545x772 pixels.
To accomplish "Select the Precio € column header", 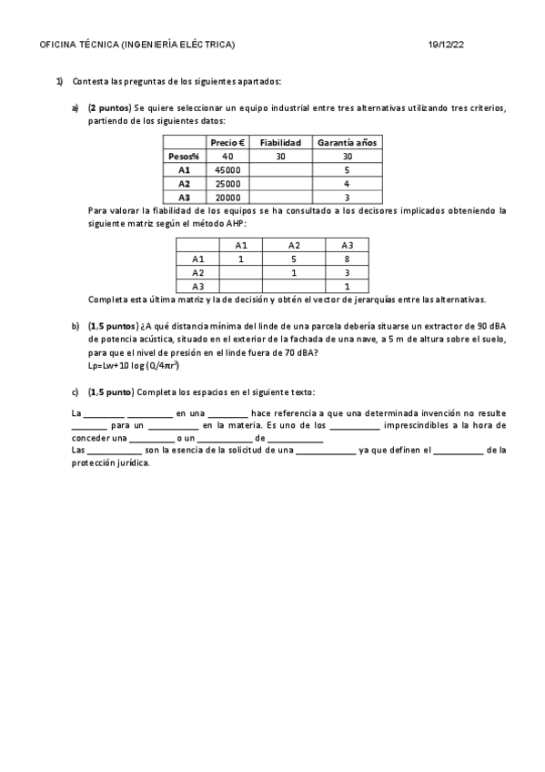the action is (x=227, y=143).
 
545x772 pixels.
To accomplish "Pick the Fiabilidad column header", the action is (x=280, y=143).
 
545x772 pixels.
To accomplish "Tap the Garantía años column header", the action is (x=347, y=143).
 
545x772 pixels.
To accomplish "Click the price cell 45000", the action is (x=227, y=169).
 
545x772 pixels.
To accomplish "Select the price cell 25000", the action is (x=227, y=183).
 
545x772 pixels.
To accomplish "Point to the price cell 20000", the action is (x=227, y=197).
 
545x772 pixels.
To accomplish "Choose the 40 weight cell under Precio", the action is (x=227, y=157).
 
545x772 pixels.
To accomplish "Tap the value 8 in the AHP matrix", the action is (x=348, y=259).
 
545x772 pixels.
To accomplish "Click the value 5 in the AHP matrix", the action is (x=294, y=259).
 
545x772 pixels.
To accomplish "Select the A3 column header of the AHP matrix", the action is (x=348, y=245).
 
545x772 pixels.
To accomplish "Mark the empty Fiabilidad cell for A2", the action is (x=280, y=183).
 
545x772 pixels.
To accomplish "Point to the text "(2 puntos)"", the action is (x=110, y=107).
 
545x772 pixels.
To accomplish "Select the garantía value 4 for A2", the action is (x=347, y=183).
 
